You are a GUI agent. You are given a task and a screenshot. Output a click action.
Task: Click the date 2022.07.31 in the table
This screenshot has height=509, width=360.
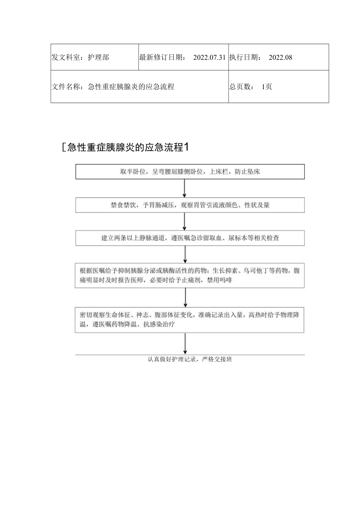click(209, 58)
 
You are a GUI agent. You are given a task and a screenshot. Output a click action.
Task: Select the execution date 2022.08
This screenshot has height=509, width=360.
click(281, 58)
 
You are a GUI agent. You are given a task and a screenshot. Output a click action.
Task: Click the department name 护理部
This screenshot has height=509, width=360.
click(98, 58)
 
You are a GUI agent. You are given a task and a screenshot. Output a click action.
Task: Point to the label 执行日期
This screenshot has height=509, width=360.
click(245, 58)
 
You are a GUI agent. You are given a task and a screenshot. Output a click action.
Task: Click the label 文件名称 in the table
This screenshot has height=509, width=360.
click(67, 87)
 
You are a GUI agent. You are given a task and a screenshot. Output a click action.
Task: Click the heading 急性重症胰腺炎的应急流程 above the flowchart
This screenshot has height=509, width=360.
click(126, 147)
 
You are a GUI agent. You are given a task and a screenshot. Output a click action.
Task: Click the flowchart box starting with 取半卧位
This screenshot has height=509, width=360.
click(190, 172)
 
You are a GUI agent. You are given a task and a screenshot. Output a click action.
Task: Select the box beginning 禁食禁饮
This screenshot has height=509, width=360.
click(190, 205)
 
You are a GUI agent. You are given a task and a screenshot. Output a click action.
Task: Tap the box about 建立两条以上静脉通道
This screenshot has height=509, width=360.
click(190, 238)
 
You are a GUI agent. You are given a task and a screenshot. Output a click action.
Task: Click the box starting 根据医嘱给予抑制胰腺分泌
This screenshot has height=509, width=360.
click(190, 275)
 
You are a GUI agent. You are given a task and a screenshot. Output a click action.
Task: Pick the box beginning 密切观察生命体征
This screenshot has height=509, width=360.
click(190, 320)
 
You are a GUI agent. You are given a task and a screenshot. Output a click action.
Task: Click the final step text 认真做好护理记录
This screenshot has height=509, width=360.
click(190, 360)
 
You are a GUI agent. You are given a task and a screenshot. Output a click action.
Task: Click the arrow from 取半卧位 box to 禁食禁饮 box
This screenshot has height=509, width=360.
click(185, 188)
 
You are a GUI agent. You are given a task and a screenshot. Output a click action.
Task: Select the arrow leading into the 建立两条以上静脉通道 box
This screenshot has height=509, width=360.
click(185, 221)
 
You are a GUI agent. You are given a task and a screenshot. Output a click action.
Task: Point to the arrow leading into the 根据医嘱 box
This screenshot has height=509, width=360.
click(185, 254)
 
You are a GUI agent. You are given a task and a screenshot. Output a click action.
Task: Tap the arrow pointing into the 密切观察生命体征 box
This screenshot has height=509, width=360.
click(185, 298)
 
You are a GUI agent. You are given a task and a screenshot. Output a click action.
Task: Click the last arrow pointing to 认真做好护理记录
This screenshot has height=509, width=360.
click(185, 344)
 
